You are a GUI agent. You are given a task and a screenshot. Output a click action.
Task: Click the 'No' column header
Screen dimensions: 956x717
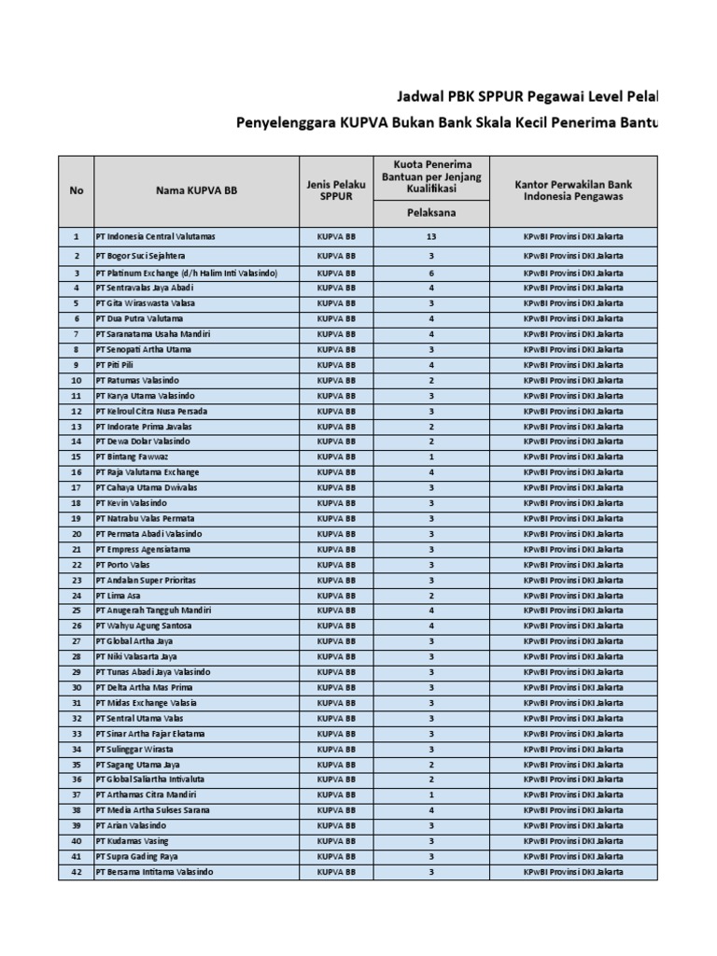pyautogui.click(x=77, y=190)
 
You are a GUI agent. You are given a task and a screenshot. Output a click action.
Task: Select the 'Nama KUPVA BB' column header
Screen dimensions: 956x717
pyautogui.click(x=197, y=190)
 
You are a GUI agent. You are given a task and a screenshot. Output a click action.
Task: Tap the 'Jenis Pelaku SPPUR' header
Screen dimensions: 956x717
pyautogui.click(x=336, y=190)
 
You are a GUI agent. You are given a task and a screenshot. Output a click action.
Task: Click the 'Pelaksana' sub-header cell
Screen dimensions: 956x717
pyautogui.click(x=430, y=213)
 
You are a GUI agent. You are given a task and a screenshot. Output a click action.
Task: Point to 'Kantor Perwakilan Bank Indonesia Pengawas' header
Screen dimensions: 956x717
pyautogui.click(x=573, y=190)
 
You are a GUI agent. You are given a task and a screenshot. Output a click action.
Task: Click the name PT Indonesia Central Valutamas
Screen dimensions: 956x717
pyautogui.click(x=155, y=237)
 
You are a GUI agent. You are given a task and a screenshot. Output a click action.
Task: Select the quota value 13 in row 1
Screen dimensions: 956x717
pyautogui.click(x=430, y=237)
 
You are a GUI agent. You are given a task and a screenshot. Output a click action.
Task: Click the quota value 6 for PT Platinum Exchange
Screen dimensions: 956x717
pyautogui.click(x=430, y=274)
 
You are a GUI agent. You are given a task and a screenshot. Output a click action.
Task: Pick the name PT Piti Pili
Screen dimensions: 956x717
pyautogui.click(x=117, y=365)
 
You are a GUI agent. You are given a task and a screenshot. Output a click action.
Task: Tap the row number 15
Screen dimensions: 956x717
pyautogui.click(x=77, y=457)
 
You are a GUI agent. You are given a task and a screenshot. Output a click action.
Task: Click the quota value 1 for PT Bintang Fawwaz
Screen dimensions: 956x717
pyautogui.click(x=430, y=457)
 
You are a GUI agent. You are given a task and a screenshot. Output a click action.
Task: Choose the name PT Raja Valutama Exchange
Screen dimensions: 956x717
pyautogui.click(x=148, y=472)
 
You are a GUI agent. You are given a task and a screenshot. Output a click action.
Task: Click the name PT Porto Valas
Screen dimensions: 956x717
pyautogui.click(x=122, y=565)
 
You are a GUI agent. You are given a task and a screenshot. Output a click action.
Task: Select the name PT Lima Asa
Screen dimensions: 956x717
pyautogui.click(x=118, y=596)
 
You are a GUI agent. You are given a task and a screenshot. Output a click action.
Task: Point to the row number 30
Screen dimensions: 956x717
pyautogui.click(x=77, y=687)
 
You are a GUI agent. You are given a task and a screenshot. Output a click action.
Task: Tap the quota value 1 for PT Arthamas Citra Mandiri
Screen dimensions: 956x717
pyautogui.click(x=430, y=794)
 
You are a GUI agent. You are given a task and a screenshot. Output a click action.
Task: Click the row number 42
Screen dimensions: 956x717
pyautogui.click(x=77, y=872)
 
